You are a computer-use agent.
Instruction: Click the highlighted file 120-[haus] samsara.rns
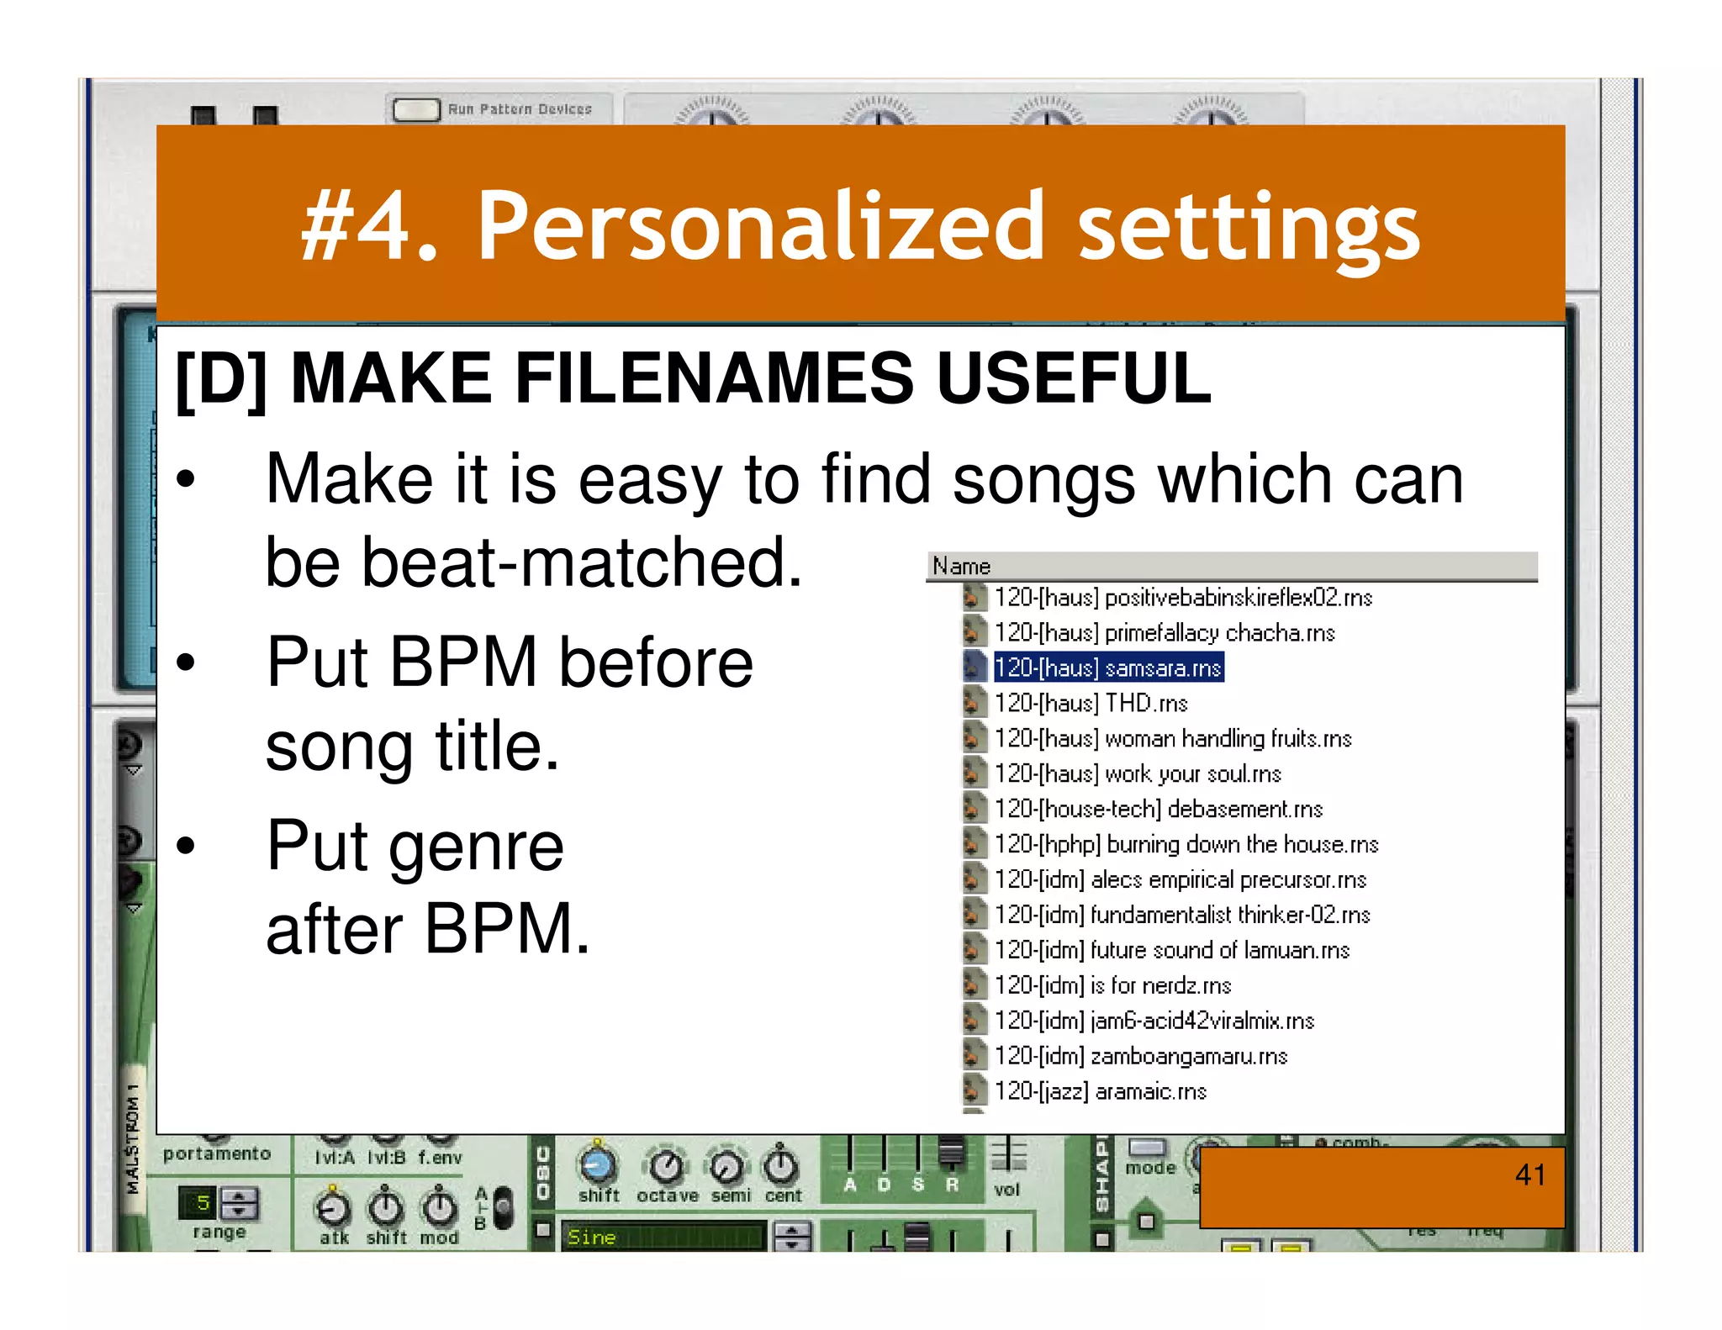[1107, 668]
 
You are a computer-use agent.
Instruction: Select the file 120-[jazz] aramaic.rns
[1100, 1091]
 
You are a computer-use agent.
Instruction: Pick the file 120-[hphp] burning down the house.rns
[1186, 844]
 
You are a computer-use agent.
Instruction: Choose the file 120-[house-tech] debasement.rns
[1158, 809]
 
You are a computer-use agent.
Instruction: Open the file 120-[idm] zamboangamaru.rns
[1140, 1056]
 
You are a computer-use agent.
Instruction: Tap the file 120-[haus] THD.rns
[1091, 703]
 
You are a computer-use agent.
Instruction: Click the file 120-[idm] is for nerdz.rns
[1112, 985]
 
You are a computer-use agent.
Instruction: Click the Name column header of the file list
[962, 567]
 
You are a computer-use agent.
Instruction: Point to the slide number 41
[1529, 1174]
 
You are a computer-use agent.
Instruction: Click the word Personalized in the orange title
[760, 225]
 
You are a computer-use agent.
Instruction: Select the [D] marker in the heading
[221, 378]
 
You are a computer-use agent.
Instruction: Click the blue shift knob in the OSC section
[598, 1165]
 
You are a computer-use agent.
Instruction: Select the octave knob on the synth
[667, 1166]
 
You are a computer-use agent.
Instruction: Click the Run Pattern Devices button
[416, 109]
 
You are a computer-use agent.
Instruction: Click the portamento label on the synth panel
[217, 1153]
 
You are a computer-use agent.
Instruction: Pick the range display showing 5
[202, 1203]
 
